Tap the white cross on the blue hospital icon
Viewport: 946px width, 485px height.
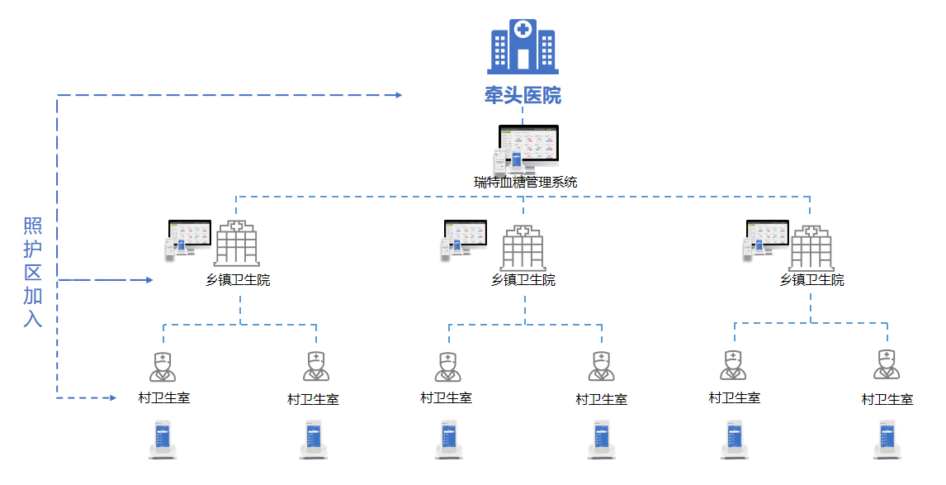(523, 30)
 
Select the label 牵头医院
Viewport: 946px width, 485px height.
(523, 96)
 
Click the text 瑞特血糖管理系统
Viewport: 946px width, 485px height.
(525, 183)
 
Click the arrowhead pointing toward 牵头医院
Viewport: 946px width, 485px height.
(397, 95)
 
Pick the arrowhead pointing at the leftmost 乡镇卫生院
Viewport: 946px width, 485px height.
(149, 280)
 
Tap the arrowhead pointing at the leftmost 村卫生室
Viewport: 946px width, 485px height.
(112, 398)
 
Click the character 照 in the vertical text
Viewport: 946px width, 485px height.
(32, 226)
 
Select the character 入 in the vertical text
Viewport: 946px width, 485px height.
(32, 318)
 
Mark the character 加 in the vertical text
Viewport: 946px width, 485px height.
(32, 295)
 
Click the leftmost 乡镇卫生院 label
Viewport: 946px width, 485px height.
(238, 280)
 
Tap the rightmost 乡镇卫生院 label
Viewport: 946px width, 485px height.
(811, 280)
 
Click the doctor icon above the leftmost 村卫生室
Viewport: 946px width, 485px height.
(163, 366)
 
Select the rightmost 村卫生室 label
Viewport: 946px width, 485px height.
(887, 399)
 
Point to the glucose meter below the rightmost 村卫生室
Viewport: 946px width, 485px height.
(887, 440)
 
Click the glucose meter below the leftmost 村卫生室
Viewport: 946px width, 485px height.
(163, 440)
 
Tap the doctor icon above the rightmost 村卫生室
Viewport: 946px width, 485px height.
(887, 364)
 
